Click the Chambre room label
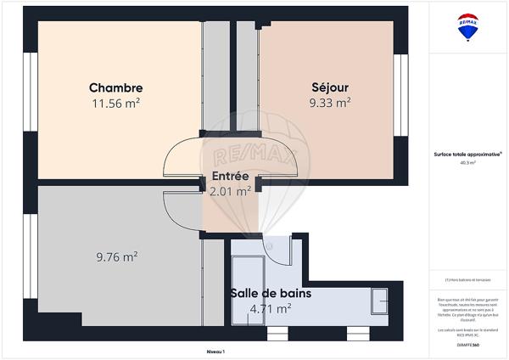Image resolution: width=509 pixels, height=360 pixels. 115,87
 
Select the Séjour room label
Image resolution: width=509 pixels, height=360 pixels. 330,87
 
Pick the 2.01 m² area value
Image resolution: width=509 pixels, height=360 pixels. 229,191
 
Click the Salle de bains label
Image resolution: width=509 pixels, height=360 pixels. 271,293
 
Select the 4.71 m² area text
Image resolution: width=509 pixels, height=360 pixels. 271,308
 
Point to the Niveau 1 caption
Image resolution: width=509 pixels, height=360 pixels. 215,351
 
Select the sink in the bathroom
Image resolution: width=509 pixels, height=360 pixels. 379,301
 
